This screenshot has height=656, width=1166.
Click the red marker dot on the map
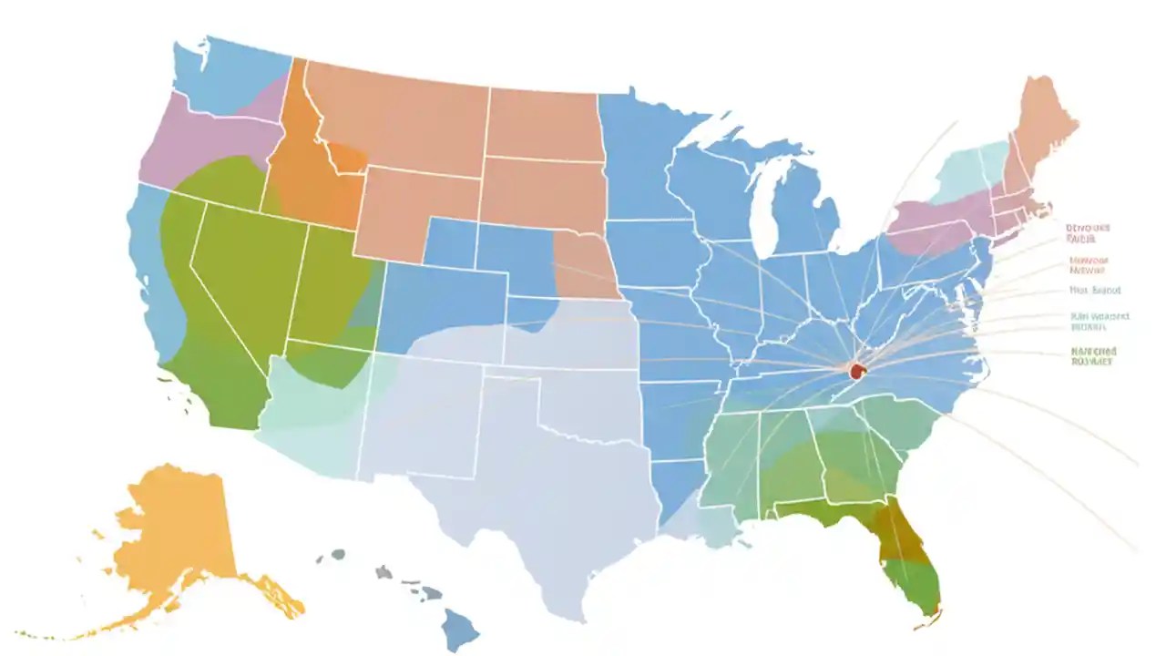pyautogui.click(x=855, y=371)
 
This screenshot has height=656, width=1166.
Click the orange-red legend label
pyautogui.click(x=1088, y=264)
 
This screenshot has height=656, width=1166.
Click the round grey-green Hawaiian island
pyautogui.click(x=337, y=554)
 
